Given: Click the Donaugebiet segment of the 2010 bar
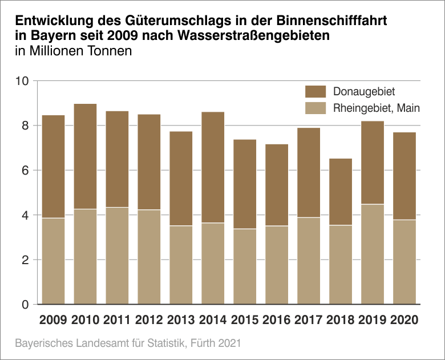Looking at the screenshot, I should (x=85, y=156).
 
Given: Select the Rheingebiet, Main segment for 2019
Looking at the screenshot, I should (x=373, y=254).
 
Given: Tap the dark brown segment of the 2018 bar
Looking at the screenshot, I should (x=341, y=192).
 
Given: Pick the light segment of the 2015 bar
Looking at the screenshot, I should (x=245, y=266).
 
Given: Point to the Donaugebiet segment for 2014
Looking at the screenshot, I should (x=213, y=167).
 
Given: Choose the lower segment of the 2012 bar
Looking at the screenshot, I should (x=149, y=257).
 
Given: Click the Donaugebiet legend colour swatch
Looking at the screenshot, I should (x=315, y=91).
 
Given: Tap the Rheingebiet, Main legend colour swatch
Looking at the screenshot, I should (x=315, y=108).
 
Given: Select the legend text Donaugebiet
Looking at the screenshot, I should (x=364, y=91).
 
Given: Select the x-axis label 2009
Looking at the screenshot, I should (x=53, y=320).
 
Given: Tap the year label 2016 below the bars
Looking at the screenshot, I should (x=277, y=320).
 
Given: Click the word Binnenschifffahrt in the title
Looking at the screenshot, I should (x=331, y=22).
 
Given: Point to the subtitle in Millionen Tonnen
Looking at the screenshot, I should (x=74, y=51).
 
